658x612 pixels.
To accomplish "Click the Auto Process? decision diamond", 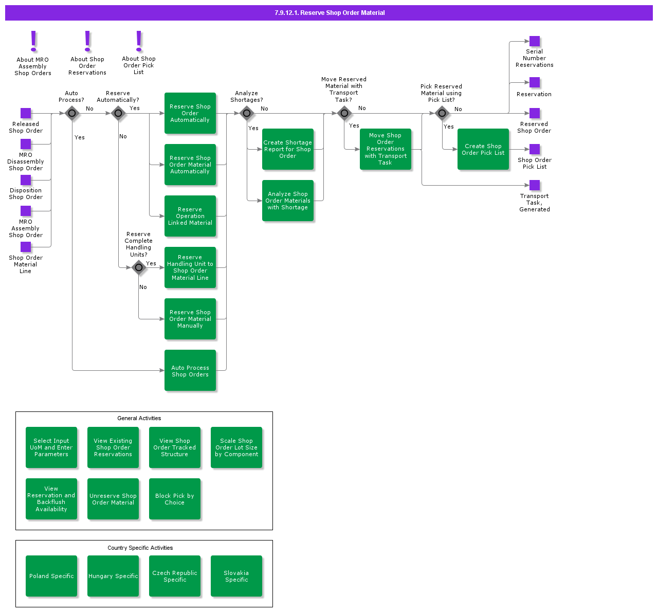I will (x=72, y=113).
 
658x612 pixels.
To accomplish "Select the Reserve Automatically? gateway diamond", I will (x=118, y=113).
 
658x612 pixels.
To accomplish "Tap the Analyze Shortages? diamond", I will (x=247, y=113).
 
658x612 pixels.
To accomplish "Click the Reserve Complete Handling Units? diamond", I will (x=139, y=267).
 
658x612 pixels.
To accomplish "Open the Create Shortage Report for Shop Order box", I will (x=288, y=149).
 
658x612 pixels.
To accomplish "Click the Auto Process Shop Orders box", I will (x=190, y=370).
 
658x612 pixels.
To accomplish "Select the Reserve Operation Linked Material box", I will (x=190, y=216).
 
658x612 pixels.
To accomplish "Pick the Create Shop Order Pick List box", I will (x=483, y=149).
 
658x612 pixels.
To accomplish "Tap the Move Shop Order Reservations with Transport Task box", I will (x=386, y=149).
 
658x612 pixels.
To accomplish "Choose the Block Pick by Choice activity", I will (x=175, y=499).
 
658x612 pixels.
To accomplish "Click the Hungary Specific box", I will (x=113, y=576).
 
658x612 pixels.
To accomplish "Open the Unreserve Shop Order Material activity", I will (x=113, y=499).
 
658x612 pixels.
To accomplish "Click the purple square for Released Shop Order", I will (x=26, y=113).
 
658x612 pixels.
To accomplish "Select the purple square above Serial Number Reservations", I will (x=535, y=41).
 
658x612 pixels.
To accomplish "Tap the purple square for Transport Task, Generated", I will (x=535, y=185).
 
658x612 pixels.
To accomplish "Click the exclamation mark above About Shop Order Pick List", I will (x=139, y=41).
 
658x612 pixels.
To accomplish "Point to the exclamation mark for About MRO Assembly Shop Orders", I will (x=33, y=41).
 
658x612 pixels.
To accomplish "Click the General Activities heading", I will (x=139, y=418).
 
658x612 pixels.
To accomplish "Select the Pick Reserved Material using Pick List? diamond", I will (x=442, y=113).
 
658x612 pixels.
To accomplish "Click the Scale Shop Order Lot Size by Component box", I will (x=236, y=447).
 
